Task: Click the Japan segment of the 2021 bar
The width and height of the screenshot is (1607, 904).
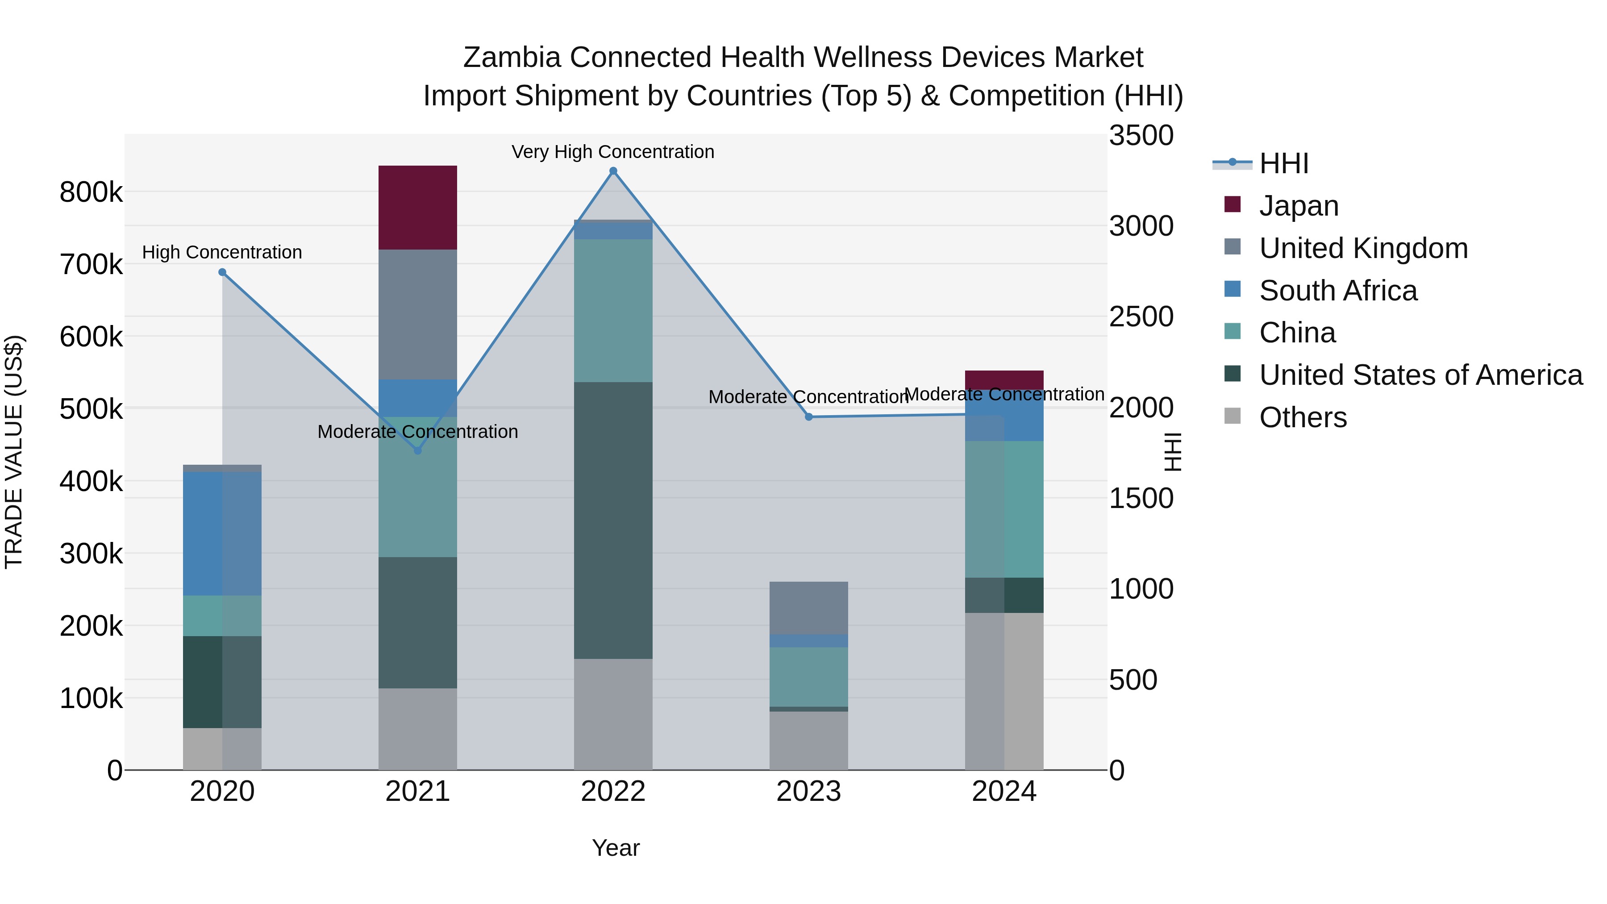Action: [417, 207]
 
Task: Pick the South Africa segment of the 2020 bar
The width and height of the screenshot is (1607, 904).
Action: [222, 533]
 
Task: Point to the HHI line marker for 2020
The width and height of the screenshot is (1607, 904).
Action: [222, 272]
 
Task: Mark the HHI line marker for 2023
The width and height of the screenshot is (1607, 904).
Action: [808, 417]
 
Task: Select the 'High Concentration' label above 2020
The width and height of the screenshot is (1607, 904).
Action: [222, 252]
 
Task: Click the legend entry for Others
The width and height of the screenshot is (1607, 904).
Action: [1303, 417]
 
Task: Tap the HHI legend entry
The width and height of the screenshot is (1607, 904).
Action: [1283, 163]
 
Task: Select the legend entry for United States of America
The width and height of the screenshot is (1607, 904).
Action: [1420, 375]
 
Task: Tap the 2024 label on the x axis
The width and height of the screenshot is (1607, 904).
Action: [1004, 792]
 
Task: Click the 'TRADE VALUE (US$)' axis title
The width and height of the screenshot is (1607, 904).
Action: [14, 452]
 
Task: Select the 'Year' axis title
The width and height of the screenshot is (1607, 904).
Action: [615, 848]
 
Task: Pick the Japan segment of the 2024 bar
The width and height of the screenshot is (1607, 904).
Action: [1004, 380]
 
